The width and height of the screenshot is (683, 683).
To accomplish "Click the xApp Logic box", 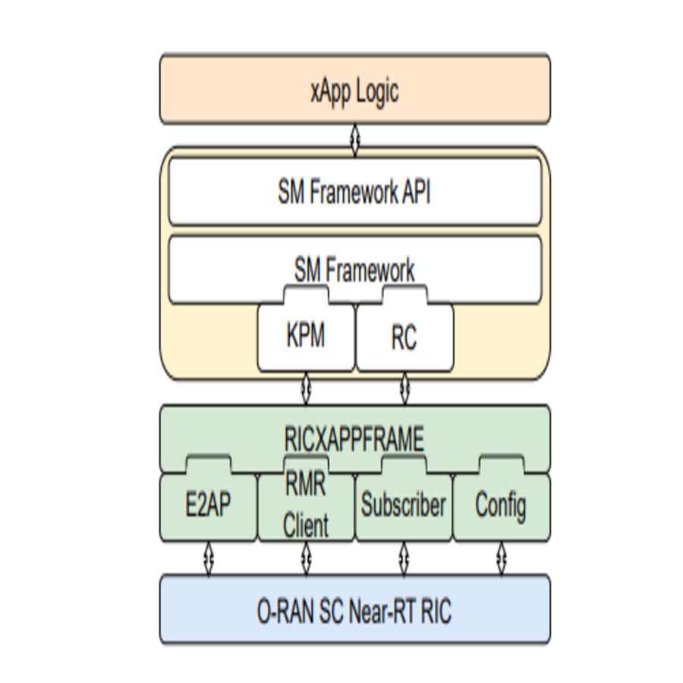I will (x=354, y=90).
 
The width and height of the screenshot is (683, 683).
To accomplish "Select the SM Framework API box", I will (x=354, y=191).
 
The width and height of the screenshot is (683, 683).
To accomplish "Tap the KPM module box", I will (x=306, y=337).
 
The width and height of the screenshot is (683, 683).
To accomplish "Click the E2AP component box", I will (x=208, y=506).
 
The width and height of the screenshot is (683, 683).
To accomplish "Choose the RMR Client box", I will (x=306, y=506).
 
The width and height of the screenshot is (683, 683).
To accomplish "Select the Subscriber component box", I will (x=403, y=506).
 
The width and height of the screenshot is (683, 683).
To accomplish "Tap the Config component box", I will (x=501, y=506).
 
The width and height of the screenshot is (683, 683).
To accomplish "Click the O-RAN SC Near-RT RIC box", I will (x=354, y=610).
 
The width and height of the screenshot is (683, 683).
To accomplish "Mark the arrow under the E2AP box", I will (x=209, y=558).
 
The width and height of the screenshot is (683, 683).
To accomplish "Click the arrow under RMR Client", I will (x=306, y=558).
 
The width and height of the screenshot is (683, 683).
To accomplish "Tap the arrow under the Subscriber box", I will (x=404, y=558).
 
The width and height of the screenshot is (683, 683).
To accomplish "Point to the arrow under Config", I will (x=501, y=558).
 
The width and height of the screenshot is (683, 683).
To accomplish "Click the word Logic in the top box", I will (x=375, y=91).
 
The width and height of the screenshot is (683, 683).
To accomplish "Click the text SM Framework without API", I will (x=354, y=270).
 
